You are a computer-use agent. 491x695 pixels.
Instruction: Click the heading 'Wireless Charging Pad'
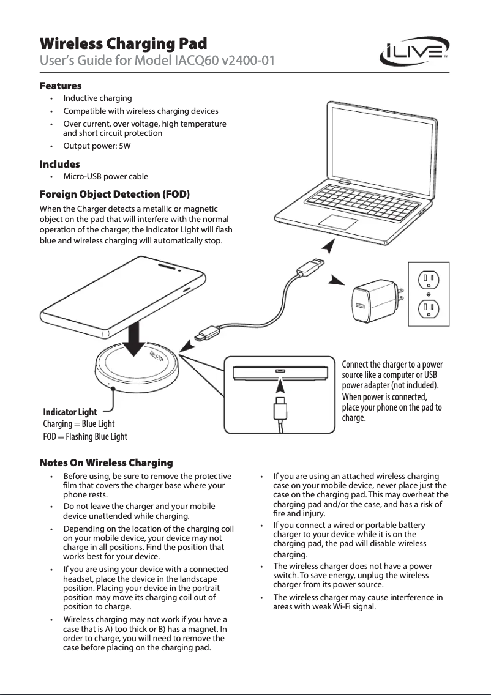coord(123,44)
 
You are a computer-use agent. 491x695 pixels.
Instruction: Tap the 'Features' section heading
coord(61,86)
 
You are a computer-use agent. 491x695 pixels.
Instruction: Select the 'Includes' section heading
coord(60,164)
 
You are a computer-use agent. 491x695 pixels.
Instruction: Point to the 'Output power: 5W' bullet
coord(97,146)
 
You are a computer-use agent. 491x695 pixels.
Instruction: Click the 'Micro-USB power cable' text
coord(105,177)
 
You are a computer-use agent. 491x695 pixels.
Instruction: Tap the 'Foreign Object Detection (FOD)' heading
coord(114,195)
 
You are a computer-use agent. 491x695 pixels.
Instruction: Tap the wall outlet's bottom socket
coord(429,308)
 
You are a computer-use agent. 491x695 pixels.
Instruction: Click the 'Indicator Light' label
coord(70,412)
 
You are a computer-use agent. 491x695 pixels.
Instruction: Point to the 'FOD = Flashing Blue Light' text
coord(85,436)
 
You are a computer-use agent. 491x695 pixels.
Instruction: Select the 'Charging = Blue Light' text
coord(78,424)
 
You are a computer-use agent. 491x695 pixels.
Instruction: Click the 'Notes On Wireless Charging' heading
coord(106,463)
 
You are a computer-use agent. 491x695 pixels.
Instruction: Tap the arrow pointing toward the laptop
coord(329,247)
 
